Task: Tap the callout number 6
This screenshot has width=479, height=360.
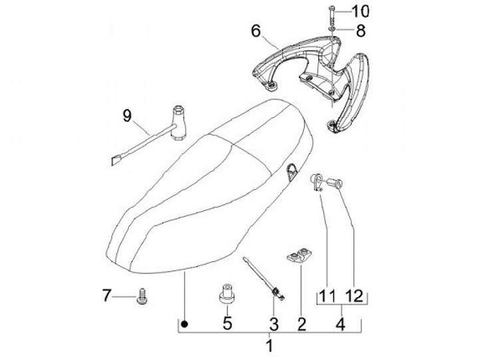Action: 256,31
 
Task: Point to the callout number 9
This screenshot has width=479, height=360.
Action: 127,116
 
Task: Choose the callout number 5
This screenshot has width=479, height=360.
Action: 227,325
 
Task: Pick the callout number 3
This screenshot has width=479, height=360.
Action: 272,325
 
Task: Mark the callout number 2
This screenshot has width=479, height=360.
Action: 301,325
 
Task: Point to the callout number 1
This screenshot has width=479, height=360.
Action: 269,346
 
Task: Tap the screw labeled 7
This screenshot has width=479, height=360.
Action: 142,295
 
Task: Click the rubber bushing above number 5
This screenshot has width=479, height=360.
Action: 227,293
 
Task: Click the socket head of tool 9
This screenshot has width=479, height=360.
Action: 178,118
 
